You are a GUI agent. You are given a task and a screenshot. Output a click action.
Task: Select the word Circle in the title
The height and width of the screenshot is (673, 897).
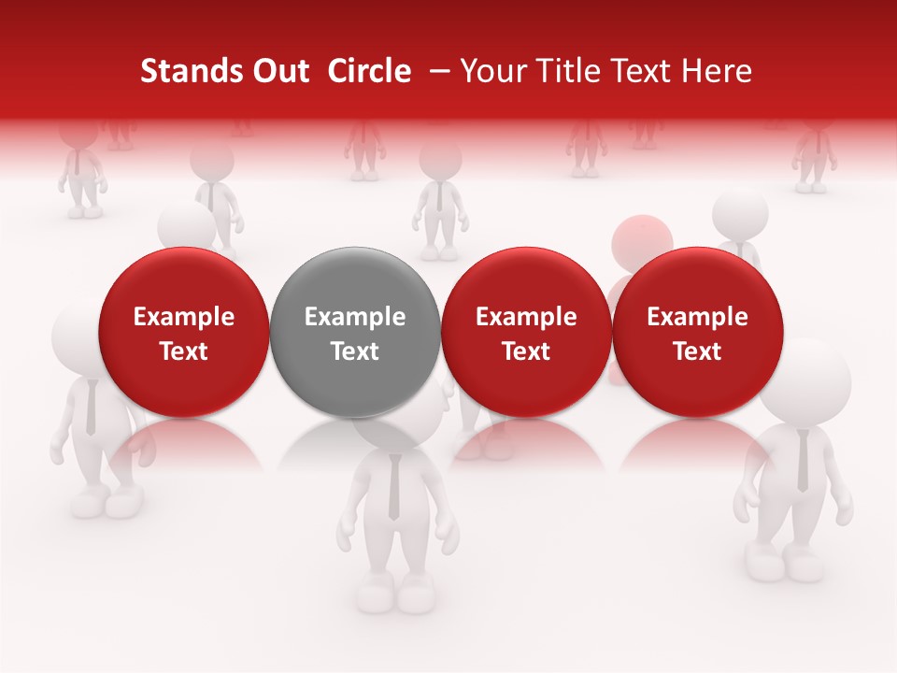point(369,71)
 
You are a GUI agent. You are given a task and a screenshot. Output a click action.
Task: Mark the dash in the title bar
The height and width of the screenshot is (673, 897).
point(436,71)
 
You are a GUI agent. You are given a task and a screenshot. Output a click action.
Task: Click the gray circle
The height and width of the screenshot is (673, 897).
point(355,332)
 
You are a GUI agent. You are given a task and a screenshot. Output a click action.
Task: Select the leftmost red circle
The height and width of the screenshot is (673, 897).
point(183,332)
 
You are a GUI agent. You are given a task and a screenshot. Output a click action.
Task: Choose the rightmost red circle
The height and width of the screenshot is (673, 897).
point(697,332)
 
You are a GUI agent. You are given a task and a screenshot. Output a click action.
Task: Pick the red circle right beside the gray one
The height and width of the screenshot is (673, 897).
point(526,332)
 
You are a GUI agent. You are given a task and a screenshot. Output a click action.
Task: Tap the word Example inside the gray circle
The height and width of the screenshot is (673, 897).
point(355,317)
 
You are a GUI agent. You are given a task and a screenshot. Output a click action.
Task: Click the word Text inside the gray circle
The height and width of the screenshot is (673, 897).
point(355,351)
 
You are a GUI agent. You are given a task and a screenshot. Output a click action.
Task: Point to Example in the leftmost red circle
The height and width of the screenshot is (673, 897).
point(183,317)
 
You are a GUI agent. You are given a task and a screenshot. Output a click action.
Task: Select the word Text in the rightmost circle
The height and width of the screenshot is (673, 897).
point(697,351)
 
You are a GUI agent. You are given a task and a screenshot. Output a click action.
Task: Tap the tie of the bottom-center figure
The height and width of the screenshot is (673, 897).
point(394,486)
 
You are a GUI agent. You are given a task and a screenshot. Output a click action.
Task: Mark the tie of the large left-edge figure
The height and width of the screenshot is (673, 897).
point(91,408)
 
